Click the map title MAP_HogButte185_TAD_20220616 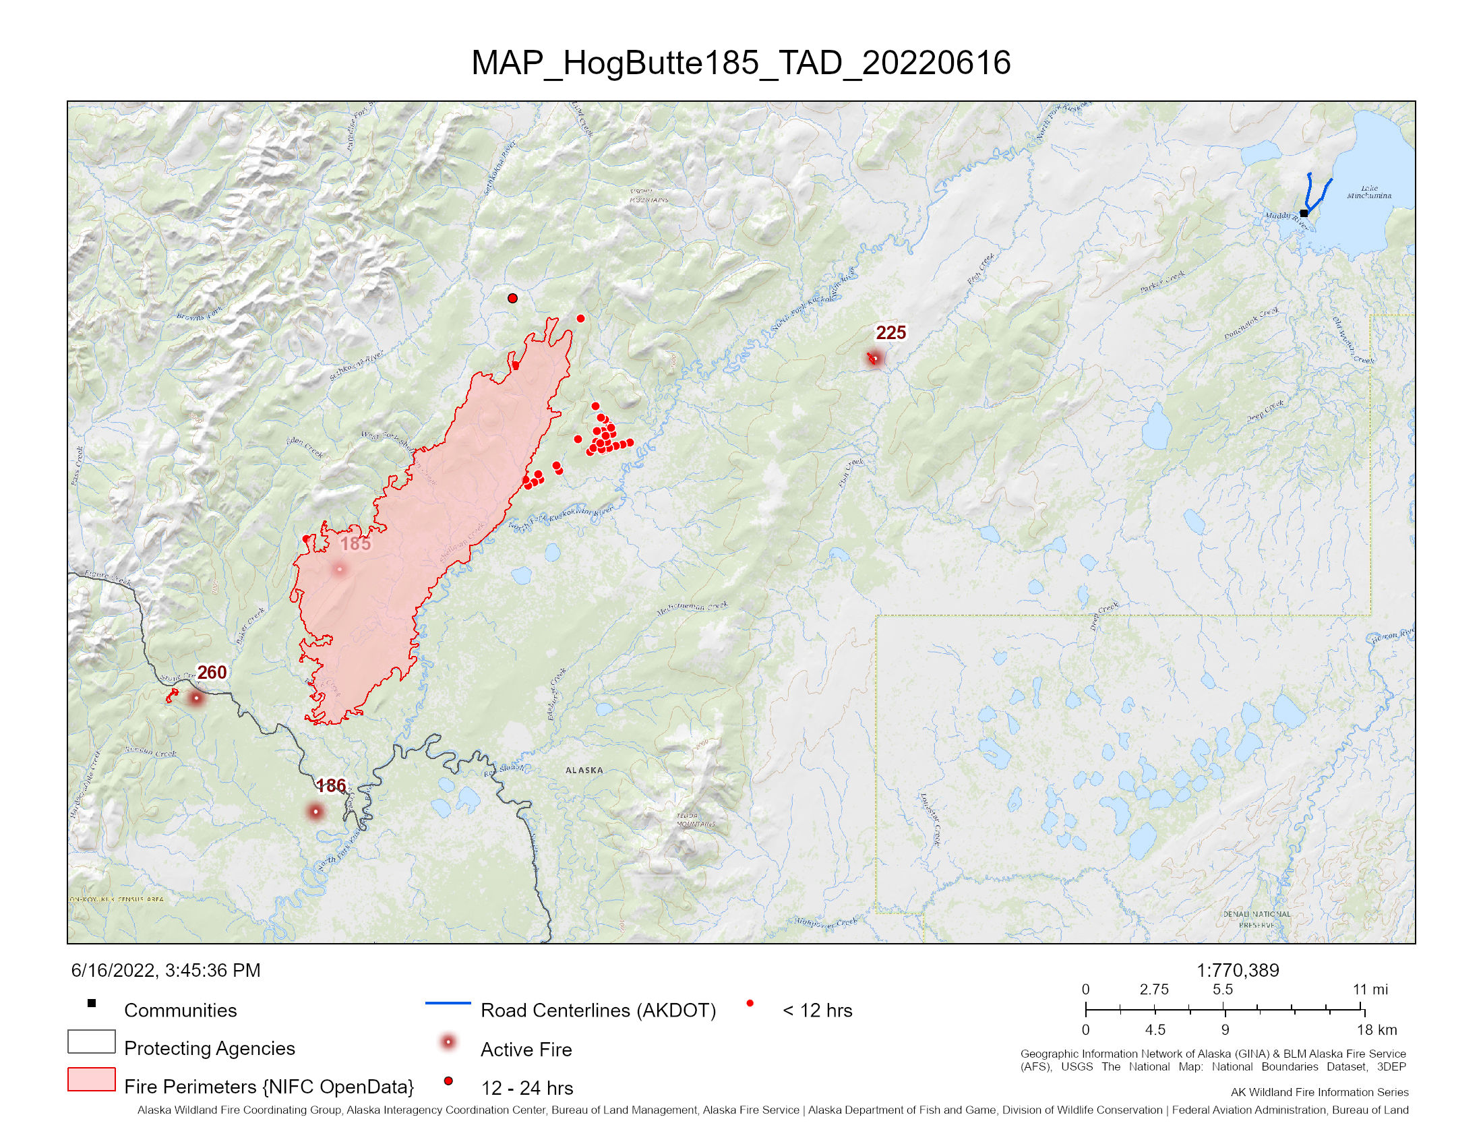point(741,63)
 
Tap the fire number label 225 point(890,332)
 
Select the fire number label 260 point(211,672)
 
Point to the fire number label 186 point(331,785)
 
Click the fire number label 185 point(355,544)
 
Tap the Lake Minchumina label point(1369,192)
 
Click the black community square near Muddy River point(1304,213)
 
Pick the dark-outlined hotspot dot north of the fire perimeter point(513,298)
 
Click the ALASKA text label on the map point(584,770)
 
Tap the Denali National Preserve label point(1257,919)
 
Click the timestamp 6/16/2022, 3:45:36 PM point(166,970)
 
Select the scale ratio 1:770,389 point(1237,970)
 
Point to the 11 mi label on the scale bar point(1370,989)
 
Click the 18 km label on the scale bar point(1376,1030)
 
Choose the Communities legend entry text point(180,1011)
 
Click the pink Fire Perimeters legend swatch point(91,1079)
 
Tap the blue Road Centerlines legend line point(448,1003)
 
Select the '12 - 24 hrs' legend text point(527,1088)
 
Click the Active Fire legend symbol point(448,1042)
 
